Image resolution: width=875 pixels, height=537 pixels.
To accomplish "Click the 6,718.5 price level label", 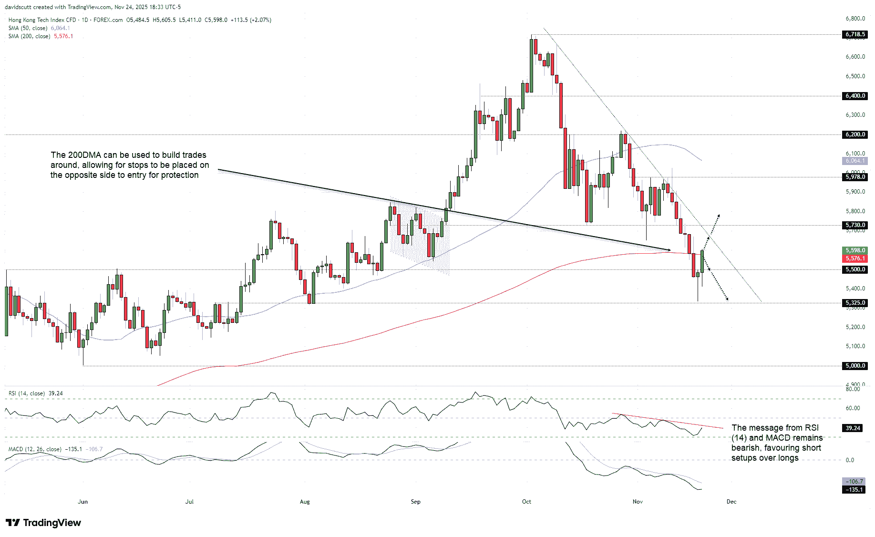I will pos(854,34).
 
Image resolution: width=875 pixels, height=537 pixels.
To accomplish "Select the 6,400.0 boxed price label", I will pos(854,96).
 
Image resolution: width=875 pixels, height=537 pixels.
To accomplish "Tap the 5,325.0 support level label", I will pos(854,303).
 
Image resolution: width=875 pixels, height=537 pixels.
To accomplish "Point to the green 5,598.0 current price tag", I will pos(854,250).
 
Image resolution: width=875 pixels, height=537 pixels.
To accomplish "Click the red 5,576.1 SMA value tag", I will pos(854,258).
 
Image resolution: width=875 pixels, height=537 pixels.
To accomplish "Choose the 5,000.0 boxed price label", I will pos(854,366).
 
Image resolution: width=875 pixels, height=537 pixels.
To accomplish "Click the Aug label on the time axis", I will pos(305,502).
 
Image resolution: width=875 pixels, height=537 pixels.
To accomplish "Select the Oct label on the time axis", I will pos(526,502).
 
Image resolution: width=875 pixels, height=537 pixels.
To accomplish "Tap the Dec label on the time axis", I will pos(731,502).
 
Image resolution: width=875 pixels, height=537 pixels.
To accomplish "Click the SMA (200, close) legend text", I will pos(29,36).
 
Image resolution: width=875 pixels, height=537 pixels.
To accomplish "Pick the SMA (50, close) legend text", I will pos(28,28).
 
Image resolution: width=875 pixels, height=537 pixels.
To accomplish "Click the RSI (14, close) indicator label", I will pos(27,393).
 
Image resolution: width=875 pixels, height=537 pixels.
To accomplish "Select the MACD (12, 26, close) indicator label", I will pos(35,449).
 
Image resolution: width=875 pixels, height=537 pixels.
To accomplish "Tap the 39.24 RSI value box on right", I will pos(853,428).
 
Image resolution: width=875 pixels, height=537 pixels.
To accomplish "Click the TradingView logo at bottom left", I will pos(43,523).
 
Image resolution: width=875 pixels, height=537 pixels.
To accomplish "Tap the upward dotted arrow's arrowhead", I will pos(718,216).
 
